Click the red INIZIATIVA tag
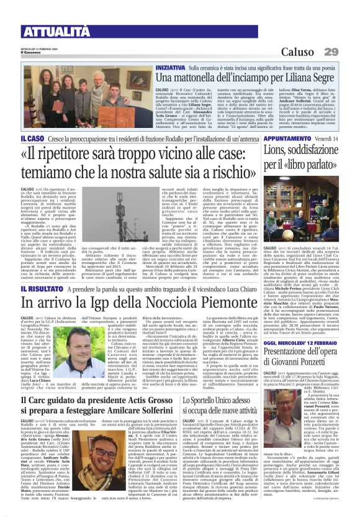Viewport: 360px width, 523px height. point(170,65)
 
